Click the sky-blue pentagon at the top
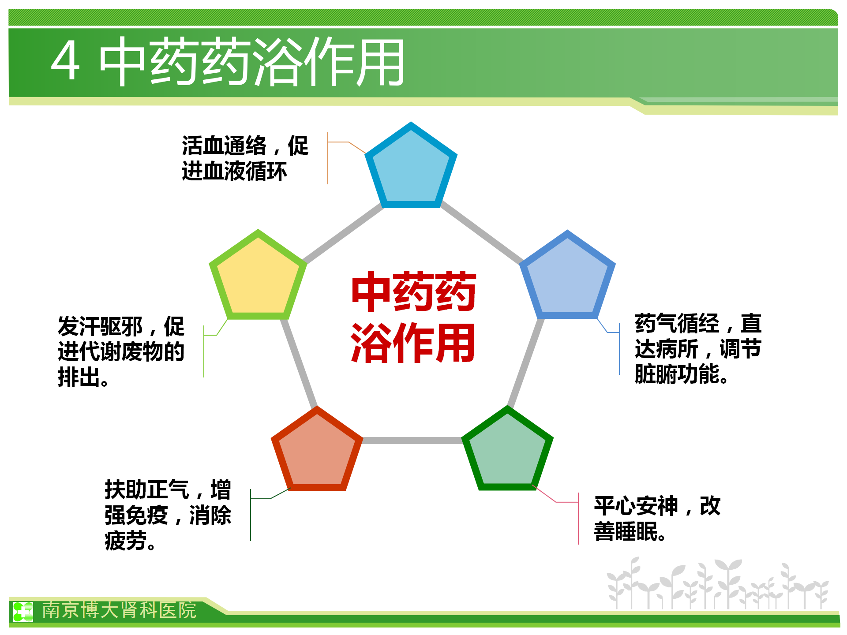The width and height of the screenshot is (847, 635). (x=411, y=168)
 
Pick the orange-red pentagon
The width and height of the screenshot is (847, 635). (x=317, y=451)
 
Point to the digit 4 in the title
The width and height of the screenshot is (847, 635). (x=66, y=61)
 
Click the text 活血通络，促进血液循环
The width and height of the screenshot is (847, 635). (x=245, y=158)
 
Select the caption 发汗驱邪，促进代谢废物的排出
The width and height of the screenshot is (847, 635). (x=121, y=351)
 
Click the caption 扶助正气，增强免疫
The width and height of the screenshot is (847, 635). (x=168, y=502)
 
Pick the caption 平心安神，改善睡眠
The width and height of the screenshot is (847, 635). (x=657, y=519)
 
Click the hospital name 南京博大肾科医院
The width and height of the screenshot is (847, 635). (x=119, y=610)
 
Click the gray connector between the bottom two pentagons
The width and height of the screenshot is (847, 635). (x=412, y=440)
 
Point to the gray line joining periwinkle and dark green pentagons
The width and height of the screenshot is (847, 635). (x=525, y=362)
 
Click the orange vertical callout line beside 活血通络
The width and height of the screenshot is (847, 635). (x=328, y=158)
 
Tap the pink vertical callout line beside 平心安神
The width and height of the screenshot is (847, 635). (x=578, y=518)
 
